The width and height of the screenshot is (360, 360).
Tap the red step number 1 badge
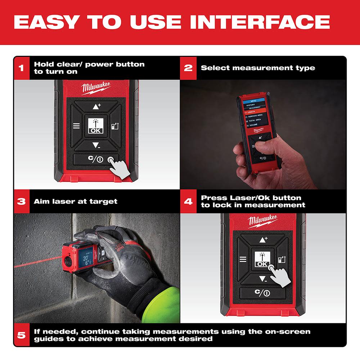coord(22,68)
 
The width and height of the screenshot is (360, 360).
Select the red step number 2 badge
coord(188,68)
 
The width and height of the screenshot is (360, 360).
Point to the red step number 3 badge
coord(22,201)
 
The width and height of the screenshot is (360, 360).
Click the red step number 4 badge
coord(188,201)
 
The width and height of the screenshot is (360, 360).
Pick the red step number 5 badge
coord(22,335)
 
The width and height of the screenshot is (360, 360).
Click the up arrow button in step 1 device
coord(96,106)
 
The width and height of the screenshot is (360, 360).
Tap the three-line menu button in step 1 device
coord(76,126)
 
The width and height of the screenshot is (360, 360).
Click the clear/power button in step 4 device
coord(263,293)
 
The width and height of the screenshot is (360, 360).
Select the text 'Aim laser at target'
coord(76,201)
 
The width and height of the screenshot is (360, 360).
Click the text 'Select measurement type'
coord(258,68)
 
